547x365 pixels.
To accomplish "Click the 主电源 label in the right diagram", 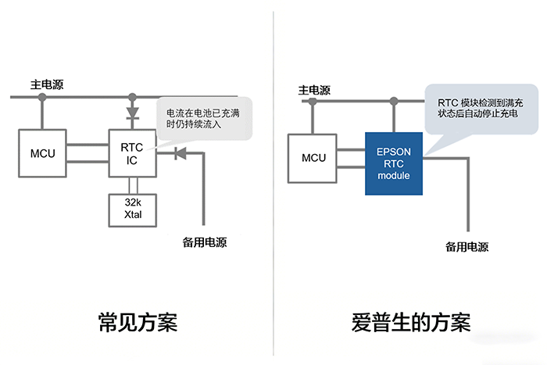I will (316, 91).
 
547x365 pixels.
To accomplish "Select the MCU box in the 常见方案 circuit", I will (42, 152).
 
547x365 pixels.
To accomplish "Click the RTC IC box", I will (131, 152).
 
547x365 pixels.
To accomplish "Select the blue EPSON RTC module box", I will (394, 163).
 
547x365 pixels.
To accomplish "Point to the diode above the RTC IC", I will (132, 113).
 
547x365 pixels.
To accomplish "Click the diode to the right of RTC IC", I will (179, 152).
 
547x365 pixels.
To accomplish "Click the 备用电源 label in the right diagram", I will (467, 247).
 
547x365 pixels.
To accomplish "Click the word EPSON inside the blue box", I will (394, 151).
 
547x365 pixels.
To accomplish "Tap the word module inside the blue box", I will (394, 176).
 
